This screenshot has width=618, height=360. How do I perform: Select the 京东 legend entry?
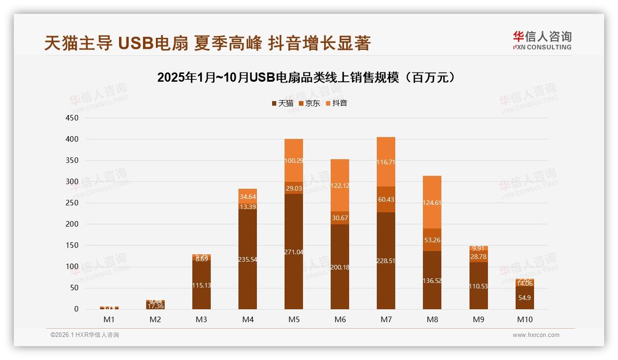(309, 103)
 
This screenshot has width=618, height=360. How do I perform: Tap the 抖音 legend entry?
(337, 103)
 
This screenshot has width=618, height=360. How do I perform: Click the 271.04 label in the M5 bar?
(294, 252)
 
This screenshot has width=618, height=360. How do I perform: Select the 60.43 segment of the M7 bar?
(386, 199)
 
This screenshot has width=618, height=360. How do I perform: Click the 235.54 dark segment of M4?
(248, 259)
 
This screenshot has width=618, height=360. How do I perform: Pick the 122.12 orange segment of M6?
(340, 186)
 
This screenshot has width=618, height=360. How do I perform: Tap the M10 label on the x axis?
(524, 319)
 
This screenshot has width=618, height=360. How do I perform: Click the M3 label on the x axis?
(202, 319)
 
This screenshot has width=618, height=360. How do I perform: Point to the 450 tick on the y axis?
(72, 118)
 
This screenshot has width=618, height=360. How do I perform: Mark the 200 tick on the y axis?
(72, 224)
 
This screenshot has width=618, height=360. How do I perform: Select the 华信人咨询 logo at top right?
(542, 40)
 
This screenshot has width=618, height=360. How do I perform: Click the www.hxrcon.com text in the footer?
(536, 335)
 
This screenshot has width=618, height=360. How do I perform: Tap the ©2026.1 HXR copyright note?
(84, 335)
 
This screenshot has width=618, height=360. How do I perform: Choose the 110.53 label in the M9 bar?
(479, 286)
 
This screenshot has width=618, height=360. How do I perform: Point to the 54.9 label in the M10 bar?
(524, 298)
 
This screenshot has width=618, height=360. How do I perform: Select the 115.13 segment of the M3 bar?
(202, 285)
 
